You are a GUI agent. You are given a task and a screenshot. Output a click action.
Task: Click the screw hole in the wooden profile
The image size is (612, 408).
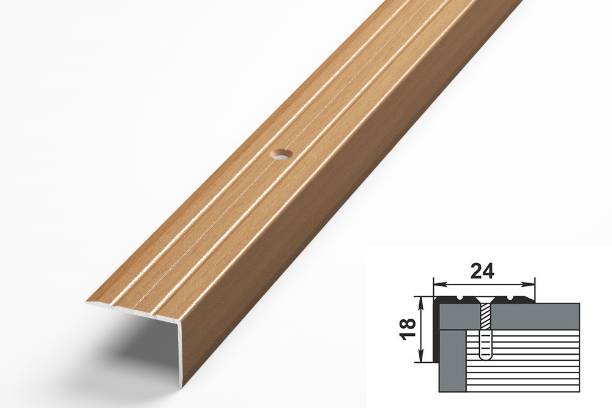281,155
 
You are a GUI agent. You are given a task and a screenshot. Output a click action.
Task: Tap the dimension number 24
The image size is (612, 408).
482,271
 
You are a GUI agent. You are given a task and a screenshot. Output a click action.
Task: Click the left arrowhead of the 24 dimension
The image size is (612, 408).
439,284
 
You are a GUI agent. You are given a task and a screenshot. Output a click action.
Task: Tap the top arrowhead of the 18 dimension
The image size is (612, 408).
421,302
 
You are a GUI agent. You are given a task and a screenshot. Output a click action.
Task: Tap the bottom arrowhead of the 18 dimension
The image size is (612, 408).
421,357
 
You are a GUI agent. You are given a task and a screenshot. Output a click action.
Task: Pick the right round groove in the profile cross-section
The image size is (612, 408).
510,299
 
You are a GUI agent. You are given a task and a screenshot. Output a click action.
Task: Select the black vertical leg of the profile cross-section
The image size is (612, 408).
436,332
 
